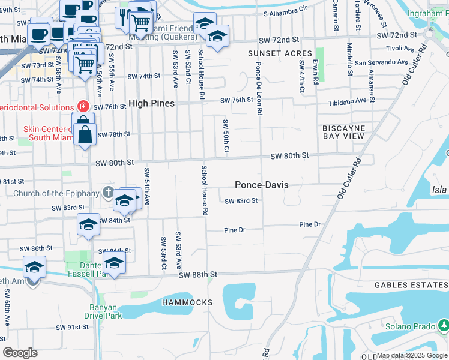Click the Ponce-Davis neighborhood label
click(261, 185)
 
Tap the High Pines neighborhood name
click(150, 103)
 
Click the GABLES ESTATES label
click(411, 285)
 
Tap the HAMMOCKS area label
click(187, 302)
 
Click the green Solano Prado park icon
click(444, 325)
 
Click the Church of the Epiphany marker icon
click(107, 193)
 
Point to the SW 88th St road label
click(197, 274)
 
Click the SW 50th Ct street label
click(226, 136)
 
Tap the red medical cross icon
click(83, 106)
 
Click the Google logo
click(20, 353)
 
